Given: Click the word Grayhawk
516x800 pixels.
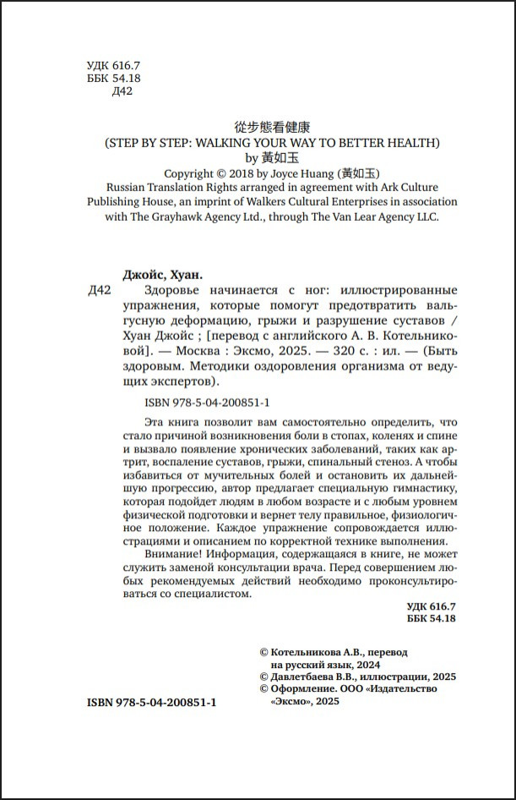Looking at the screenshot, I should (x=184, y=216).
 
